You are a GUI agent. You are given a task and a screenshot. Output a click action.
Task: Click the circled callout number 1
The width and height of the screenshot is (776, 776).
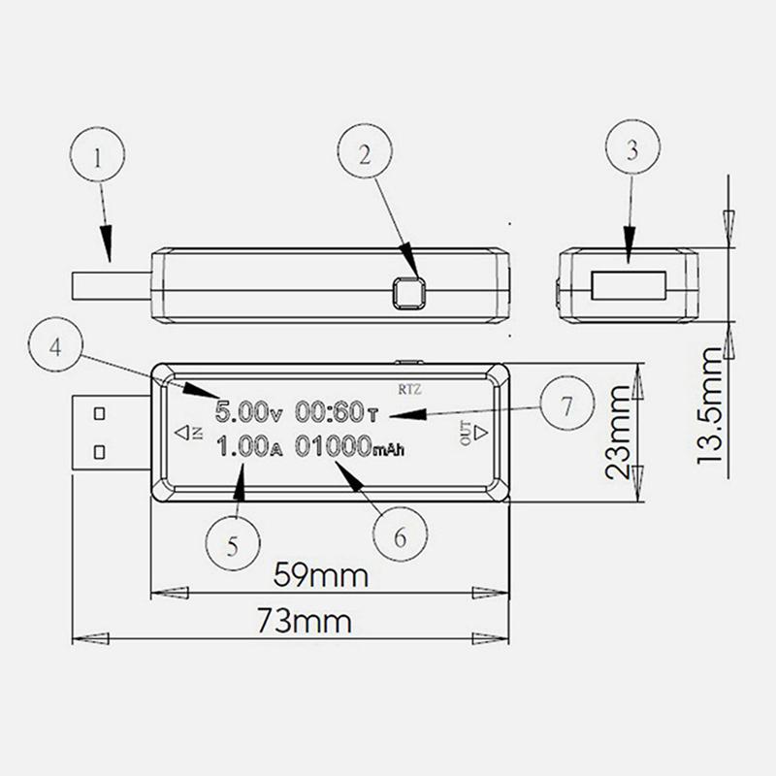click(98, 154)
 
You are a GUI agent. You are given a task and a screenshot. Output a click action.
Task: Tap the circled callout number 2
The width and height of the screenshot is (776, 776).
click(366, 151)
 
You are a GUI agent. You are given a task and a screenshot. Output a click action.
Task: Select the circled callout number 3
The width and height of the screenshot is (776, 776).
click(633, 147)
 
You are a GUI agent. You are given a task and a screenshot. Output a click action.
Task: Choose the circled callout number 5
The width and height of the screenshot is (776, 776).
click(233, 543)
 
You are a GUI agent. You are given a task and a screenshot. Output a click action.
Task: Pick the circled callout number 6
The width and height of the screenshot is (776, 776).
click(400, 534)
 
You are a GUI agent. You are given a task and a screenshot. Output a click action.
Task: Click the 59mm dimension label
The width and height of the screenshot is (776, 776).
click(321, 574)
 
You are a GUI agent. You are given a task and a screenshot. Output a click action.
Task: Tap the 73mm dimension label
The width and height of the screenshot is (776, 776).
click(305, 621)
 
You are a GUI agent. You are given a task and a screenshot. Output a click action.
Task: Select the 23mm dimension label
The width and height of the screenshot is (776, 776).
click(618, 432)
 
